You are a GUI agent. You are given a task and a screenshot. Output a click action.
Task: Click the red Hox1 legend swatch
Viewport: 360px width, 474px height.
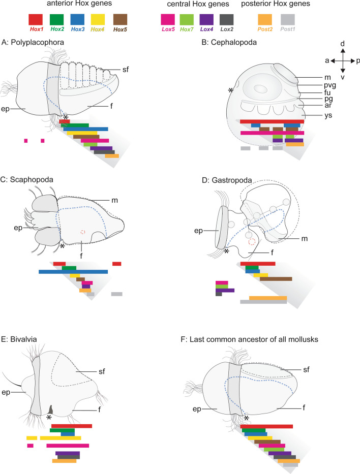(x=36, y=20)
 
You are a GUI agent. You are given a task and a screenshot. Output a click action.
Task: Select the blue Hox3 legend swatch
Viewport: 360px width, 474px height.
(x=78, y=20)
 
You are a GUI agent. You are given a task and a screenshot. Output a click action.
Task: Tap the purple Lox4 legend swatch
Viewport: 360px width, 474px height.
(x=206, y=20)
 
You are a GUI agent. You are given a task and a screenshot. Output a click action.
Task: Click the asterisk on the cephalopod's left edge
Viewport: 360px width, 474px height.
(x=231, y=90)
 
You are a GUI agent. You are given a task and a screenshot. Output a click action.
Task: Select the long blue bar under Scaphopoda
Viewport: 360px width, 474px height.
(x=73, y=272)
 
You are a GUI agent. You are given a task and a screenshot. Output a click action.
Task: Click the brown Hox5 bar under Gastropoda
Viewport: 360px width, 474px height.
(x=276, y=279)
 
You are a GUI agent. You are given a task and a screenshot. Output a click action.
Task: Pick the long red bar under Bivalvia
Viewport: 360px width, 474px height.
(x=72, y=426)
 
